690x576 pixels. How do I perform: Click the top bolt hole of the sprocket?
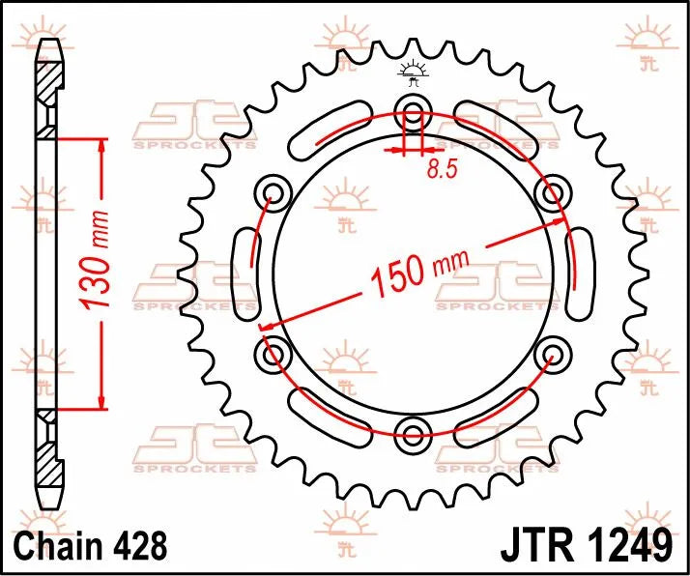coord(414,110)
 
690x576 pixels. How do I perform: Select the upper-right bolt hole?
coord(553,191)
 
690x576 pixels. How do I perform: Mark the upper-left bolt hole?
coord(273,191)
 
